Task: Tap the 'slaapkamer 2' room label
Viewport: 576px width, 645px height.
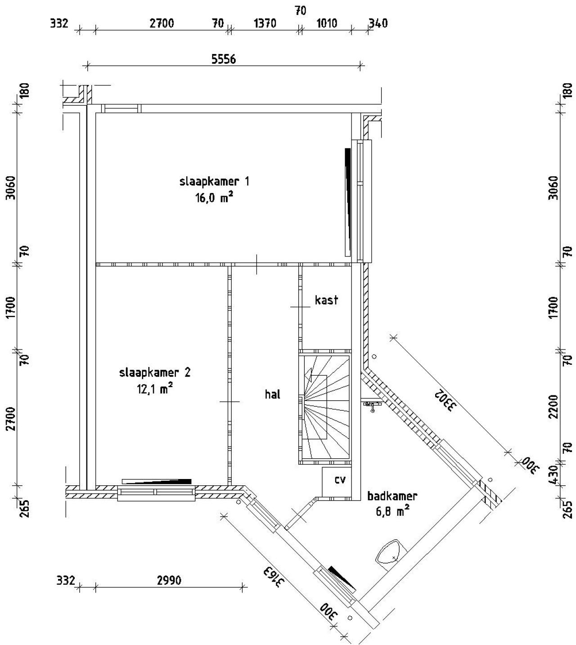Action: [x=155, y=372]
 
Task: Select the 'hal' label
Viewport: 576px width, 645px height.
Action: [x=272, y=394]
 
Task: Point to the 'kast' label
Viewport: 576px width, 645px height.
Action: [x=326, y=300]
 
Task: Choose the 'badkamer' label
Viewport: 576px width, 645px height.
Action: [x=392, y=497]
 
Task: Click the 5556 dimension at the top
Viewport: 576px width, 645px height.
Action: [x=224, y=59]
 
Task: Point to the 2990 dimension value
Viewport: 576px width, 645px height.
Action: [x=169, y=581]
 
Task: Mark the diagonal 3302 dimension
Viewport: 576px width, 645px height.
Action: [x=445, y=400]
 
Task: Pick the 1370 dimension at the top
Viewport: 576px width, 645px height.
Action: [x=265, y=23]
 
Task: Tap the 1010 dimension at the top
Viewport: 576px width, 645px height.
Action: [x=327, y=23]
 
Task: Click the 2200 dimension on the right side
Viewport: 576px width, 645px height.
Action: [x=554, y=407]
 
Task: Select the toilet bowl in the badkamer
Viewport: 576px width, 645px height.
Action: [x=390, y=552]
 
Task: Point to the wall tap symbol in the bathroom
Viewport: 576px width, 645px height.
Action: [x=372, y=406]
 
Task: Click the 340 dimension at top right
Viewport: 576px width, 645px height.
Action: [x=378, y=23]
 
